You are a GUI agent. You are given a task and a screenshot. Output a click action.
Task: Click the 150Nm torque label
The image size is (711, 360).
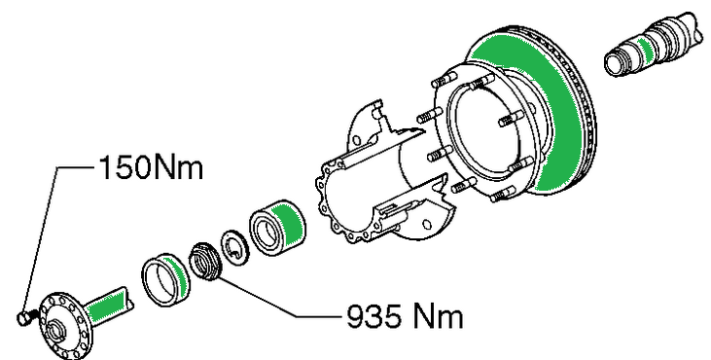tap(151, 167)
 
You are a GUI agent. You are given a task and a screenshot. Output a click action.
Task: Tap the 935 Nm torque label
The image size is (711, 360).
tap(405, 316)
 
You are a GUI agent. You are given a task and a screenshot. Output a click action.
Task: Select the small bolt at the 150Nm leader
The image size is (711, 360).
tap(25, 317)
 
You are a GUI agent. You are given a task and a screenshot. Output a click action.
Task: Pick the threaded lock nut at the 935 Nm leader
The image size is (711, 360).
tap(205, 262)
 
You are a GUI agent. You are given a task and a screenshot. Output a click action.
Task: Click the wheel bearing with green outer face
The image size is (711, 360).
tap(277, 227)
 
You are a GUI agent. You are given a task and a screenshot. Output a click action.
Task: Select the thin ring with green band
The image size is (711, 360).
tap(166, 279)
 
